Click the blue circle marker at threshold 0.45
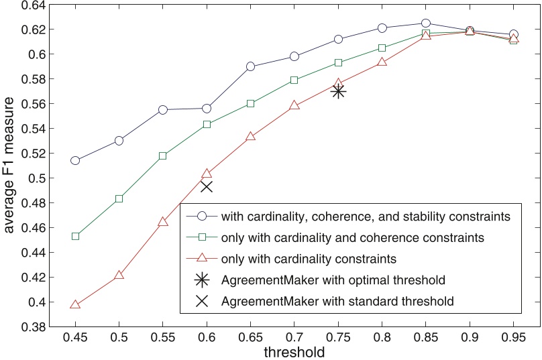[75, 160]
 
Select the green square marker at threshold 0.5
[119, 198]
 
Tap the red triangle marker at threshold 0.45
[75, 304]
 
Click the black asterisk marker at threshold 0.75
[338, 91]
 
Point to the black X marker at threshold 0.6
[207, 186]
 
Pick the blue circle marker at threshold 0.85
[425, 23]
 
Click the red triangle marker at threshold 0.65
[250, 136]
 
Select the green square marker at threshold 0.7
[294, 80]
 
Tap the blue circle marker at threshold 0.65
[250, 66]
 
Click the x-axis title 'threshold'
[294, 351]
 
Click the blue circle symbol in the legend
[201, 216]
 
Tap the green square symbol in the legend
[201, 237]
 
